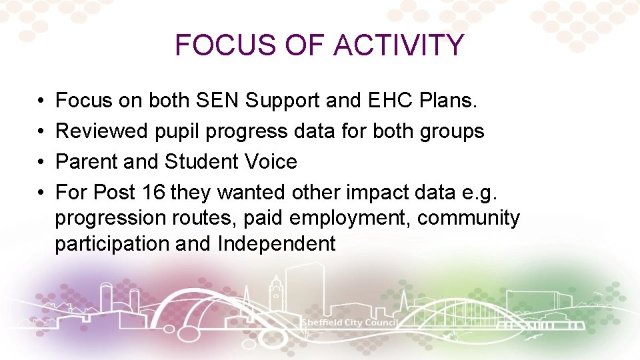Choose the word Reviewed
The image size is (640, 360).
point(94,131)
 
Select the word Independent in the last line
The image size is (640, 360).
point(276,244)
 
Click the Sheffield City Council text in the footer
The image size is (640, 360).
point(349,323)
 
